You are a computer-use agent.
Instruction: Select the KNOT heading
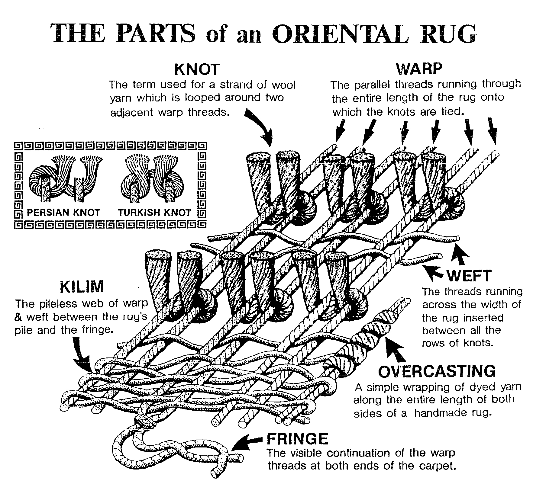point(197,70)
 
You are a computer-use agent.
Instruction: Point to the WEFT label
point(469,276)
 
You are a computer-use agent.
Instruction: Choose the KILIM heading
point(82,287)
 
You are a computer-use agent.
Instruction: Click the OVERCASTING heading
point(437,371)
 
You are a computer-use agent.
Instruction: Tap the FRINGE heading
point(297,439)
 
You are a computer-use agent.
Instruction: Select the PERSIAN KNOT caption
point(63,213)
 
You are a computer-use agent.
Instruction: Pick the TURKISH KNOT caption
point(155,213)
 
